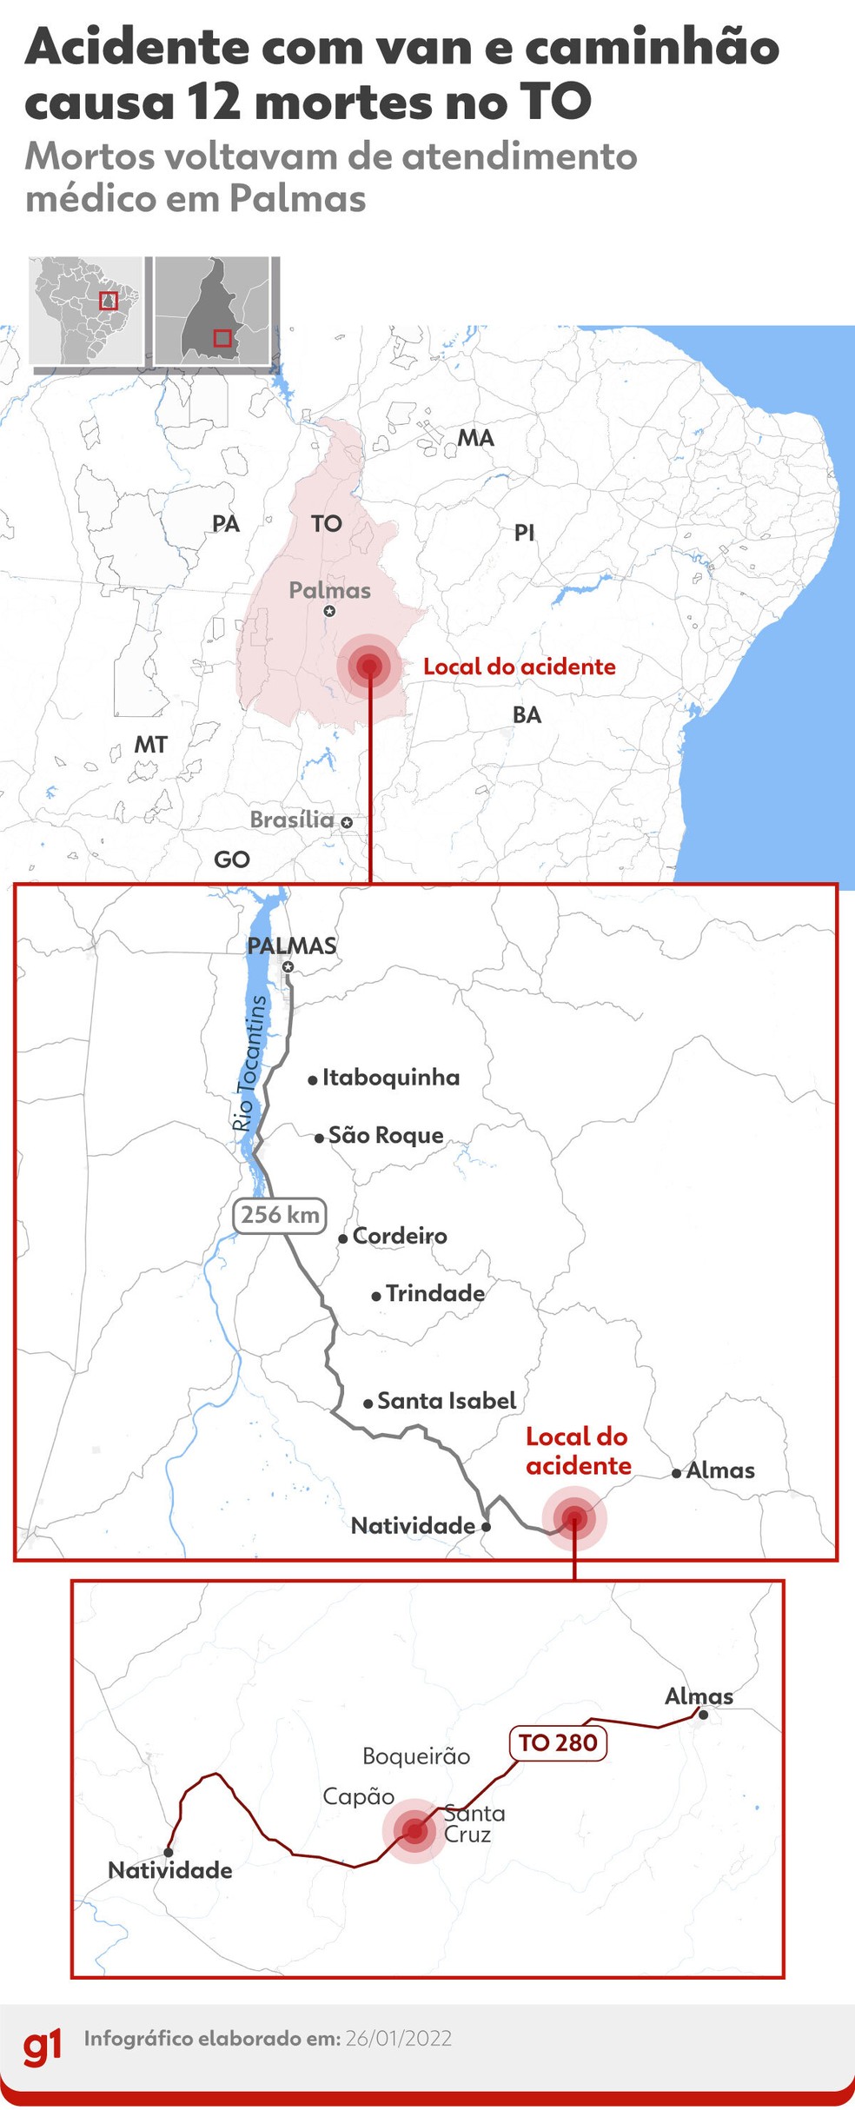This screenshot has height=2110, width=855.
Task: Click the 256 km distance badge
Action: (x=280, y=1215)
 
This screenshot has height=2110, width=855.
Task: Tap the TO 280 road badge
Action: (x=557, y=1742)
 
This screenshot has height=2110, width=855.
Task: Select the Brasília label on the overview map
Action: (x=292, y=819)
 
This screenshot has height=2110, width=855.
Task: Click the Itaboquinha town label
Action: (x=390, y=1078)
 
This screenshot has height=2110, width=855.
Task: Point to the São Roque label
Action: (x=386, y=1135)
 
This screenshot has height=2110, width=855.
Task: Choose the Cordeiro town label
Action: (x=400, y=1236)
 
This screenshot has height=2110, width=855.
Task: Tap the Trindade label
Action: (x=434, y=1293)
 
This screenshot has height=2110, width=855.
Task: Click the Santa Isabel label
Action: (x=447, y=1401)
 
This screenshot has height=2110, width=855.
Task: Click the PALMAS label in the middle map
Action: (x=291, y=946)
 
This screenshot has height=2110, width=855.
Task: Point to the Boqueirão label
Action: (x=416, y=1756)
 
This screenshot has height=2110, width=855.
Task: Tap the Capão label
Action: (x=358, y=1796)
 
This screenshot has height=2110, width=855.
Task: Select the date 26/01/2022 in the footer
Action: (x=398, y=2039)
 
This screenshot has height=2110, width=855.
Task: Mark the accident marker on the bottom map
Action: (x=414, y=1831)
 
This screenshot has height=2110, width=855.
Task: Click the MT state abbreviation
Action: (x=150, y=745)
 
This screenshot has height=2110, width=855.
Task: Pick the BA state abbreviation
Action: (x=527, y=715)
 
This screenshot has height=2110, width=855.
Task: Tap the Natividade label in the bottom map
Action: (x=170, y=1870)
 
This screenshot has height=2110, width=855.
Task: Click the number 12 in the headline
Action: (x=212, y=102)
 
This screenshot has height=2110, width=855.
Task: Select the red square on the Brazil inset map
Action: (x=108, y=301)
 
